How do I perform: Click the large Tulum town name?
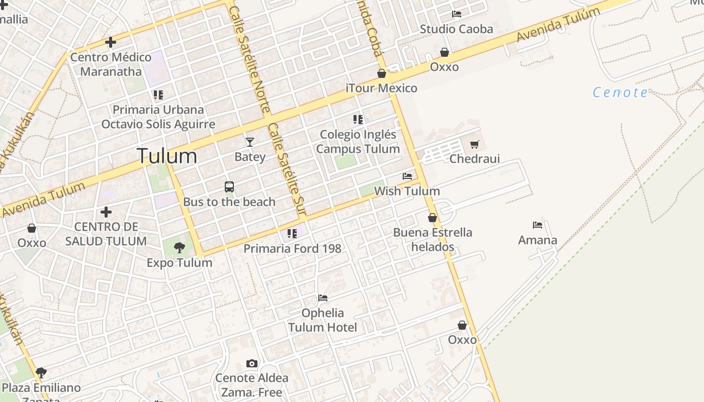166,156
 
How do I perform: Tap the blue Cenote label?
620,92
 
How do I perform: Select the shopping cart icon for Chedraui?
474,145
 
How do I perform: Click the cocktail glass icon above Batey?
249,142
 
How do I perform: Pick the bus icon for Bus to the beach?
229,187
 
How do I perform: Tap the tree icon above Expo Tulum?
179,247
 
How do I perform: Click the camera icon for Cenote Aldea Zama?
252,363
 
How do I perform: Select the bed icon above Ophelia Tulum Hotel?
323,298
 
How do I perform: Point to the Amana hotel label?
538,240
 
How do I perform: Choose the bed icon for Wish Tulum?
407,176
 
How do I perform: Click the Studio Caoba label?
456,29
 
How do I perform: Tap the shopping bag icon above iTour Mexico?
382,74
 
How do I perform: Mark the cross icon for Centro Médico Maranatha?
111,42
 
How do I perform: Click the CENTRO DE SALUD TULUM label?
106,234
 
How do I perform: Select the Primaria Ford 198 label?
292,248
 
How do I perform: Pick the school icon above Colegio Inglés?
358,120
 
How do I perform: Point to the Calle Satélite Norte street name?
249,59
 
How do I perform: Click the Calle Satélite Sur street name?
287,170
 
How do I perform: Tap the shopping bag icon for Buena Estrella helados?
432,218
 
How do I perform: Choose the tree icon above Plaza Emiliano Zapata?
41,373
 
